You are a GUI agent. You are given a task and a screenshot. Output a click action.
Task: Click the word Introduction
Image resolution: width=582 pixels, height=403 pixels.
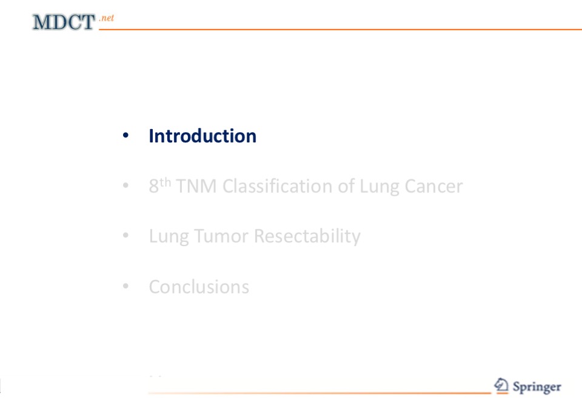(x=202, y=136)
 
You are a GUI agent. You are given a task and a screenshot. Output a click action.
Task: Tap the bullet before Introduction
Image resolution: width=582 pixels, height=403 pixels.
(x=125, y=136)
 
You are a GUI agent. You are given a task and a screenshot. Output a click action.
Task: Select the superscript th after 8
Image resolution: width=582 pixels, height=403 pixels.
(x=166, y=182)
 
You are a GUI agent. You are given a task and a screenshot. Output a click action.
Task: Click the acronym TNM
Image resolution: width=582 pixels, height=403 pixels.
(x=196, y=186)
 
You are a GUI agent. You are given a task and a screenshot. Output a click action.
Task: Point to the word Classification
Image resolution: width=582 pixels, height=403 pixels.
(x=277, y=186)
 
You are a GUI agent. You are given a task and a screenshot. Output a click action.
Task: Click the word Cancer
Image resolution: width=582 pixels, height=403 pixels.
(x=433, y=186)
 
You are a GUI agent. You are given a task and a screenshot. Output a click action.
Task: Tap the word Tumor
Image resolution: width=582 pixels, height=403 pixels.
(x=221, y=236)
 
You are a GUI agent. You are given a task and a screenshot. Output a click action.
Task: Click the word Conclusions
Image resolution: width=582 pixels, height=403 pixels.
(x=199, y=287)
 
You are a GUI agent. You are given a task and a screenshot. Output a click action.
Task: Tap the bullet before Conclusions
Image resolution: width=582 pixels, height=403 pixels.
(x=125, y=286)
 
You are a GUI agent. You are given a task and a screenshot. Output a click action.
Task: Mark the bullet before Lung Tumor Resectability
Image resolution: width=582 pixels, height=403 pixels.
(x=125, y=235)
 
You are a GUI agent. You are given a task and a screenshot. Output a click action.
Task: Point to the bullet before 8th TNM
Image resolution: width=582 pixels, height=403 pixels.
(x=125, y=185)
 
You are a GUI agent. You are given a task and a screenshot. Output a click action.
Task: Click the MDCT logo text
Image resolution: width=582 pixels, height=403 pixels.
(x=64, y=22)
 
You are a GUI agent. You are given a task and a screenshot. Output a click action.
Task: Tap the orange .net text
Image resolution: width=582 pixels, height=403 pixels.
(x=107, y=18)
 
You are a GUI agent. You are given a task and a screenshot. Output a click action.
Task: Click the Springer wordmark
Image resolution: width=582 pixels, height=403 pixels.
(x=537, y=387)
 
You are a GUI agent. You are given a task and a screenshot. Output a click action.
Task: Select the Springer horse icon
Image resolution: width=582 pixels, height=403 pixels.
(x=501, y=385)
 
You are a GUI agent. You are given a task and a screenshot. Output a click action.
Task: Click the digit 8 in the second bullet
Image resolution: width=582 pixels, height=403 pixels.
(x=153, y=186)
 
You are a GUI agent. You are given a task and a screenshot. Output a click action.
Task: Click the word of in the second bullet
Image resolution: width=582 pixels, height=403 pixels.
(x=346, y=186)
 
